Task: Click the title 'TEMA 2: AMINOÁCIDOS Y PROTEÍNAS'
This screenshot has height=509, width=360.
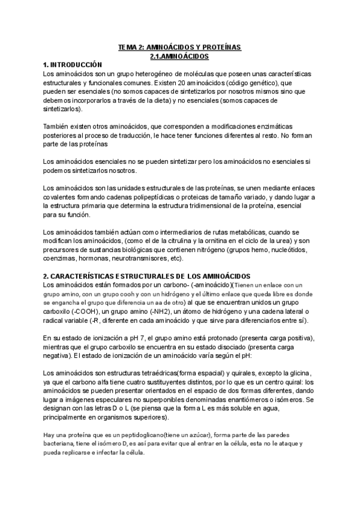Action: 179,47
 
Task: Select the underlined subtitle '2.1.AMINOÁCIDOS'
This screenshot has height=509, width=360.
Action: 179,56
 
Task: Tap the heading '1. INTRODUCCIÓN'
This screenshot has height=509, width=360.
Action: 73,65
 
